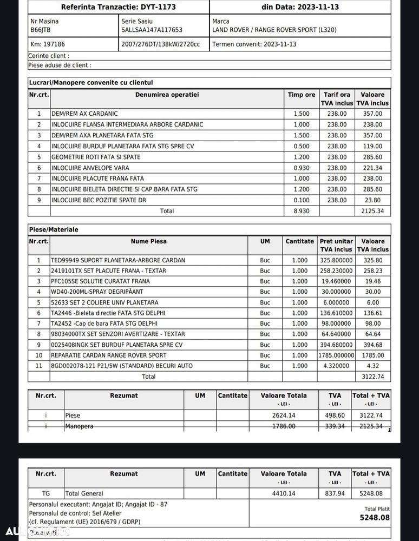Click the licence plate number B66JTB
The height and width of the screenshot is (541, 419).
coord(40,30)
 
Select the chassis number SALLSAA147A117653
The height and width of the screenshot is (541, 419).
coord(152,30)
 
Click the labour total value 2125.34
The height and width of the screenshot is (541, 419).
coord(372,211)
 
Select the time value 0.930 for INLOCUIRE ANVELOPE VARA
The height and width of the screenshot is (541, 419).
coord(301,168)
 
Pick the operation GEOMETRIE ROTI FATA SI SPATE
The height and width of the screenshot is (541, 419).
coord(96,157)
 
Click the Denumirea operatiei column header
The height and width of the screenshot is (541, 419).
coord(167,95)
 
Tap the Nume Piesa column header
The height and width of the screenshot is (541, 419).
coord(148,241)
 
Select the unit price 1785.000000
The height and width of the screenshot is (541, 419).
coord(336,355)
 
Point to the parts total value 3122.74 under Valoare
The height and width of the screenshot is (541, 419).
coord(372,377)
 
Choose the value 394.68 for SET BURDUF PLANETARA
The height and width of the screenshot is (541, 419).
coord(372,345)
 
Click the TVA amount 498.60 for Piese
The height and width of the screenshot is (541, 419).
coord(335,415)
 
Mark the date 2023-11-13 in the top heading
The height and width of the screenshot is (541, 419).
coord(316,7)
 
